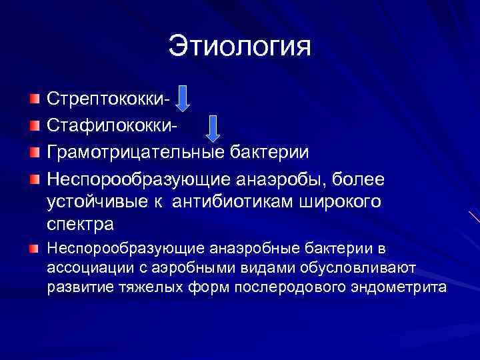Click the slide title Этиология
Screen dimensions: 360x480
[240, 47]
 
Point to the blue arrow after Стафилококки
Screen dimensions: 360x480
[213, 127]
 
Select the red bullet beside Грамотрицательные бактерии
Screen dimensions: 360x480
[34, 152]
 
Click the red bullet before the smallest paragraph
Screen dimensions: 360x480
[34, 249]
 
